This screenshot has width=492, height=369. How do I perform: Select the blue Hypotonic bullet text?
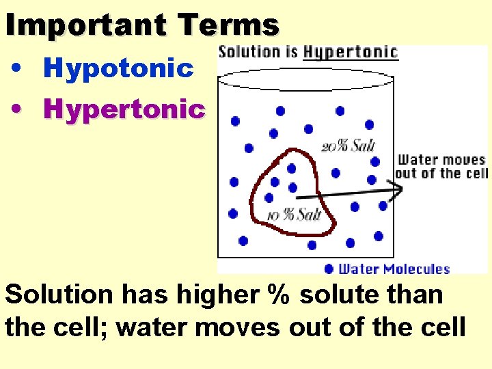point(118,68)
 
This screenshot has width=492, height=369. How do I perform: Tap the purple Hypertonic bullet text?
point(124,109)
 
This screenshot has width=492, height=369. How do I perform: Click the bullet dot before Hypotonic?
point(20,69)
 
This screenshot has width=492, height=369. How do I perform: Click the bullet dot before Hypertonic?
point(20,109)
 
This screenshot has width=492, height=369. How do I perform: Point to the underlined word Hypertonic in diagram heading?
point(351,53)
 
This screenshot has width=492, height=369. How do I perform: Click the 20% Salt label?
point(348,146)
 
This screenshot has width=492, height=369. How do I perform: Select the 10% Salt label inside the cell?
point(294,215)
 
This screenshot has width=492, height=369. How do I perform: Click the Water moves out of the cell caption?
point(441,167)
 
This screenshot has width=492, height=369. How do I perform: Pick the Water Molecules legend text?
point(394,269)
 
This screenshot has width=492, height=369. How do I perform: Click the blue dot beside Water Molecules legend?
point(329,269)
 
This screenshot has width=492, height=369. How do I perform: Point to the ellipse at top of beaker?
point(306,78)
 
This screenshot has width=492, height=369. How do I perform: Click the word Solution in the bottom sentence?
point(59,295)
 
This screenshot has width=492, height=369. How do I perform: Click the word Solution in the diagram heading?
point(249,52)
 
